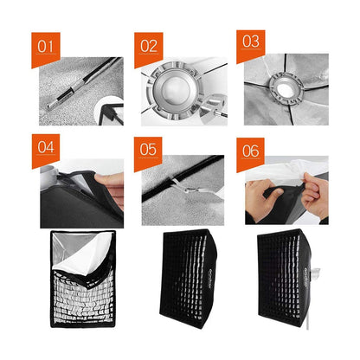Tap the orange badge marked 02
pos(149,47)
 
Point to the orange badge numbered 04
pos(46,148)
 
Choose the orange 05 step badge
pos(149,149)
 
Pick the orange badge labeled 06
pos(251,151)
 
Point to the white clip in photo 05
pos(179,184)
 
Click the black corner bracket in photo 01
pos(112,112)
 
